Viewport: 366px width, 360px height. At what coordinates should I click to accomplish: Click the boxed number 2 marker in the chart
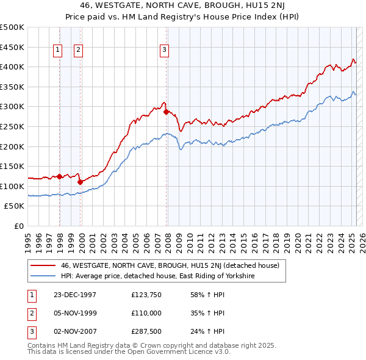tap(79, 51)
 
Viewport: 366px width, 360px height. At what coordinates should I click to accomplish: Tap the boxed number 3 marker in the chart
tap(165, 51)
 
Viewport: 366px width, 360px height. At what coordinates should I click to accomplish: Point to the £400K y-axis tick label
tap(13, 67)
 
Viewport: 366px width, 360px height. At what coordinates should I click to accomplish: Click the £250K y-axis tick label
tap(13, 126)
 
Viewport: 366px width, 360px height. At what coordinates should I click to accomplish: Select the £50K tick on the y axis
tap(15, 206)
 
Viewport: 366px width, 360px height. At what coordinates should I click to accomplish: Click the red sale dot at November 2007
tap(166, 112)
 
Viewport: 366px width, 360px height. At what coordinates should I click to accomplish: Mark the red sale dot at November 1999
tap(80, 182)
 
